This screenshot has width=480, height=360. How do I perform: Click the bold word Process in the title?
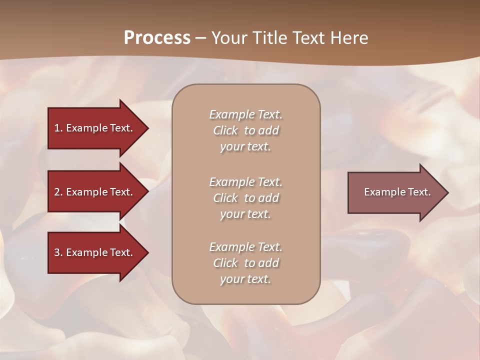click(157, 38)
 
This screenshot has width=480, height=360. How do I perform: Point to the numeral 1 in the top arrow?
click(57, 128)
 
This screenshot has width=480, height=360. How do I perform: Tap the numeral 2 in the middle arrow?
click(57, 192)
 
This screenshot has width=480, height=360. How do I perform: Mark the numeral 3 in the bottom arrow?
click(57, 252)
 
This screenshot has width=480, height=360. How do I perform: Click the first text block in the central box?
click(245, 130)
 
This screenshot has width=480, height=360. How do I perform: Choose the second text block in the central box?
click(245, 198)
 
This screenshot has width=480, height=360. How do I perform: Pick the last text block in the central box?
click(245, 263)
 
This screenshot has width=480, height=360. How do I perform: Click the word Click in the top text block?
click(225, 130)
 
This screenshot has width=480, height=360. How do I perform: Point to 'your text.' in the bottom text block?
click(245, 279)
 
